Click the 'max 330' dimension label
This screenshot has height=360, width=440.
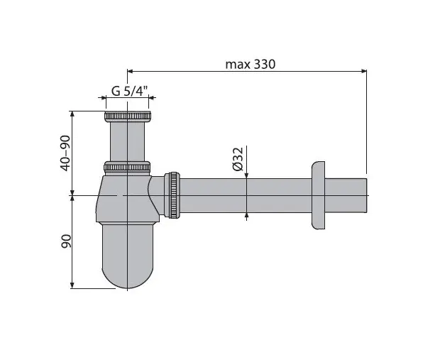pyautogui.click(x=251, y=65)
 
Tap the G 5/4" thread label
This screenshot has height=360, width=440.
pyautogui.click(x=130, y=91)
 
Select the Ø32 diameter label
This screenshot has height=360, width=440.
pyautogui.click(x=238, y=159)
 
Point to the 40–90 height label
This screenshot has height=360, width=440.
pyautogui.click(x=65, y=153)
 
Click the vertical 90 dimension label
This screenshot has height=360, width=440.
pyautogui.click(x=66, y=241)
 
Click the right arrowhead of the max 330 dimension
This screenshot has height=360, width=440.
pyautogui.click(x=364, y=71)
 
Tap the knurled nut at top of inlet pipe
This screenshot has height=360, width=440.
pyautogui.click(x=128, y=116)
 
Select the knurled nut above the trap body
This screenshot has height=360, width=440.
pyautogui.click(x=127, y=167)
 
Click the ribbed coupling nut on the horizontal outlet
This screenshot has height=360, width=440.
pyautogui.click(x=174, y=195)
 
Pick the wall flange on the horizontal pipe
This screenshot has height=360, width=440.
pyautogui.click(x=318, y=195)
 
